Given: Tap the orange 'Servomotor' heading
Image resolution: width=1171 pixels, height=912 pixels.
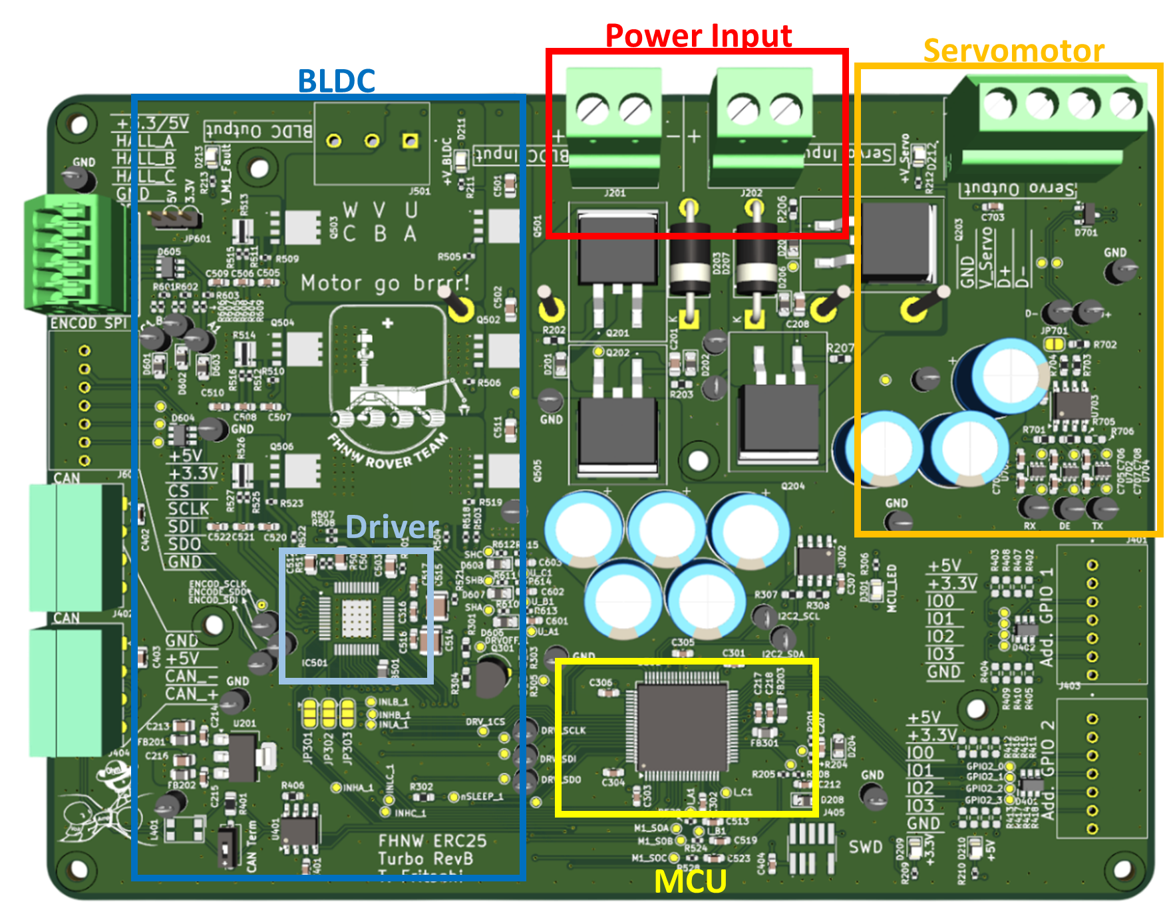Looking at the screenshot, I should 1013,51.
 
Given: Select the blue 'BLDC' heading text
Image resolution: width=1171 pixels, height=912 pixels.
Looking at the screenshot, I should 337,80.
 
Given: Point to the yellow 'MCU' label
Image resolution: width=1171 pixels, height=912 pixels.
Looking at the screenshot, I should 690,881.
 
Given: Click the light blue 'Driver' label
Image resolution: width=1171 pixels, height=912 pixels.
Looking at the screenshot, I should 392,527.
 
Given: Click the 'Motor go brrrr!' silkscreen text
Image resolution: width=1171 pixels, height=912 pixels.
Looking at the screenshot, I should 385,283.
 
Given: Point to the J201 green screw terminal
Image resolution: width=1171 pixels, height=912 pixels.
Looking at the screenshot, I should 613,126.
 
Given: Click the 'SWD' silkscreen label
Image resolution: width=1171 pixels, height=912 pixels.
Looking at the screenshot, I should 866,847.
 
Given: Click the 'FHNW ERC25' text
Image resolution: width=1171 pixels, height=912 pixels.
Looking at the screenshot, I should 432,841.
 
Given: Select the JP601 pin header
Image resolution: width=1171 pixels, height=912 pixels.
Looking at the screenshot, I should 174,218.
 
